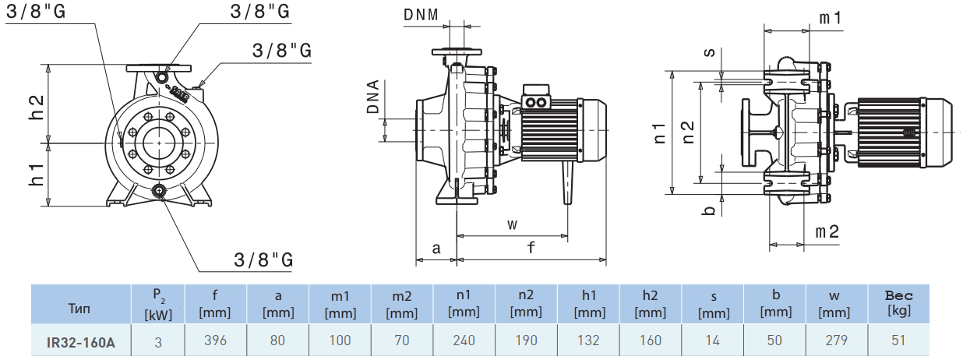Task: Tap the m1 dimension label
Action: pos(830,18)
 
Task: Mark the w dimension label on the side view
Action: pos(512,224)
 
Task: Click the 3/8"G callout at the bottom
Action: pos(263,259)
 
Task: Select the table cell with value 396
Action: pos(215,341)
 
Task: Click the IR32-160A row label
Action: pos(80,341)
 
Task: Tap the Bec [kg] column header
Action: pos(898,303)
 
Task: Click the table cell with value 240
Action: pos(464,341)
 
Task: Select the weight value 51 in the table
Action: pos(898,341)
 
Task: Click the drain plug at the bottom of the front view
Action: pos(160,191)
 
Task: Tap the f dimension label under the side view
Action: pos(531,249)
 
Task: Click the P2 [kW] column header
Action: pos(158,303)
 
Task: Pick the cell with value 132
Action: pos(588,341)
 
